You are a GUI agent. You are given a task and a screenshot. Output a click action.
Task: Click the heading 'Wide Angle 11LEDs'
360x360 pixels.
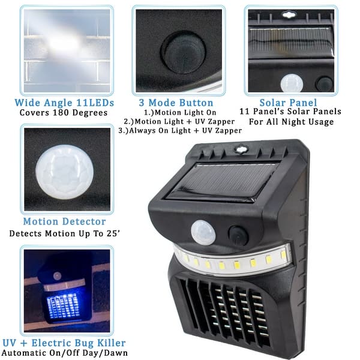click(x=67, y=102)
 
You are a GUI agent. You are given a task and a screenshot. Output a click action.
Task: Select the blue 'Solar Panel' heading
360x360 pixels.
click(x=289, y=102)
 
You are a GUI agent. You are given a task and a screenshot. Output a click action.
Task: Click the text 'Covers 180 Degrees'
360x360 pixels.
click(x=67, y=112)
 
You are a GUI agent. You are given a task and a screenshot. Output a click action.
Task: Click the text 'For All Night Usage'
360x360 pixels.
click(x=290, y=122)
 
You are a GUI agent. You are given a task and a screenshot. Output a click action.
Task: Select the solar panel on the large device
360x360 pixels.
click(x=220, y=180)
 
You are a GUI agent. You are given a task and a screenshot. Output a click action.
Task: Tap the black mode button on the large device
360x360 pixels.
click(x=238, y=235)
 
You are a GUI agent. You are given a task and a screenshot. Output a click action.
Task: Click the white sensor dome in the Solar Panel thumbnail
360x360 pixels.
click(x=292, y=83)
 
